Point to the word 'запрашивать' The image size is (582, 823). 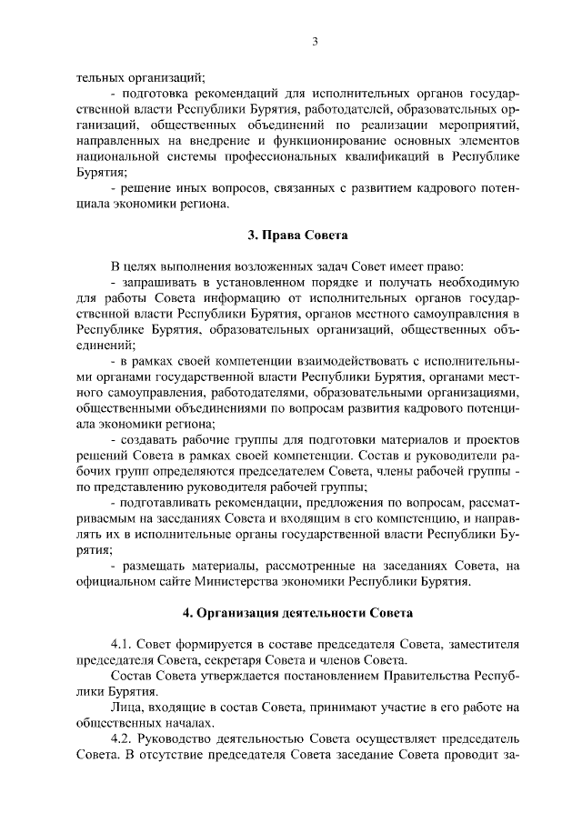(161, 282)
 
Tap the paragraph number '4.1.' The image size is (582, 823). (123, 644)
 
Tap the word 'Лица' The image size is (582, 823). (124, 707)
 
